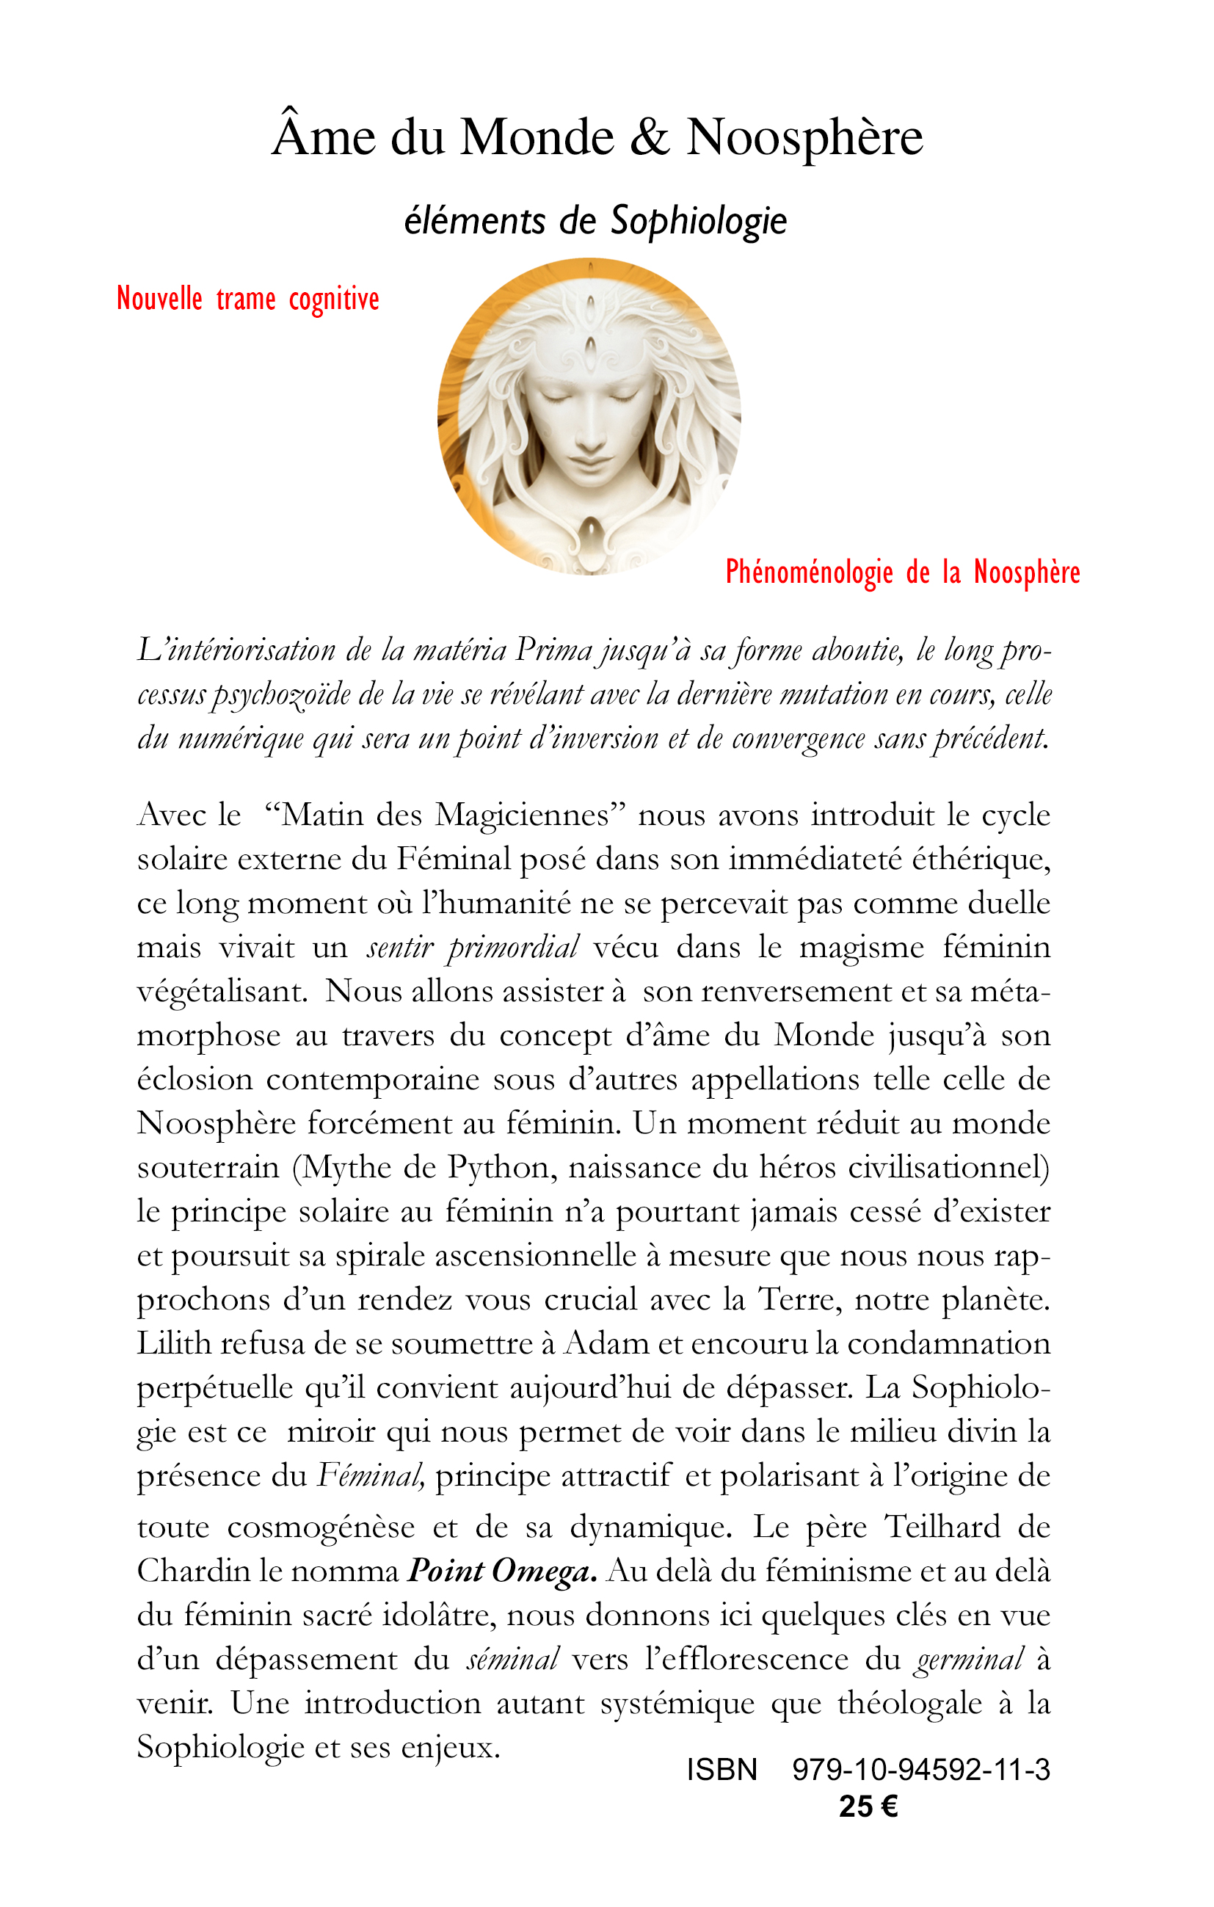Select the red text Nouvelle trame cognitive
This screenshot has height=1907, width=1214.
(x=248, y=299)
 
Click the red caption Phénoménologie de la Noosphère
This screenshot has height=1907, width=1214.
(x=903, y=573)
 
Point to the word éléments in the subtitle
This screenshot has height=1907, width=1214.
(x=474, y=221)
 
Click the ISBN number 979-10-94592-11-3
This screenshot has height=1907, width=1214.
(x=921, y=1769)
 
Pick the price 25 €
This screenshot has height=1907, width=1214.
(x=868, y=1806)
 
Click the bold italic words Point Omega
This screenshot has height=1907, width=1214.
(x=501, y=1572)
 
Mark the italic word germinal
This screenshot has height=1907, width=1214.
(x=970, y=1659)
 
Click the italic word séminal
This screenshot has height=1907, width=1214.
(x=512, y=1659)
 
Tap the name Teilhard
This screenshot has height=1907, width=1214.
(x=942, y=1527)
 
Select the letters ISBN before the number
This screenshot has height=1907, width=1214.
(x=722, y=1769)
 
